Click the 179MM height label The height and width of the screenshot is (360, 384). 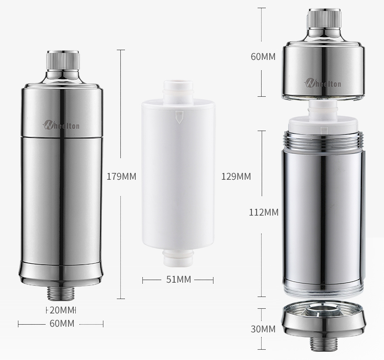tap(121, 177)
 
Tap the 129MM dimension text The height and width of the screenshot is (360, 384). tap(236, 177)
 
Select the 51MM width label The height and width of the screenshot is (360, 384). tap(179, 280)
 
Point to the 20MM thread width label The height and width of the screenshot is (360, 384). tap(62, 310)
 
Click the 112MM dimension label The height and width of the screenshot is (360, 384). tap(264, 213)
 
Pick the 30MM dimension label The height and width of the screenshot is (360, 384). tap(263, 329)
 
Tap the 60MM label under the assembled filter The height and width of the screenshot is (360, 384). tap(62, 324)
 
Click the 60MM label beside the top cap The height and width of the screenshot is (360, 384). tap(263, 56)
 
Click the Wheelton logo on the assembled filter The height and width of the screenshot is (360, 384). tap(61, 124)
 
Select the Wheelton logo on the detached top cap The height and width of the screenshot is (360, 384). tap(323, 83)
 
